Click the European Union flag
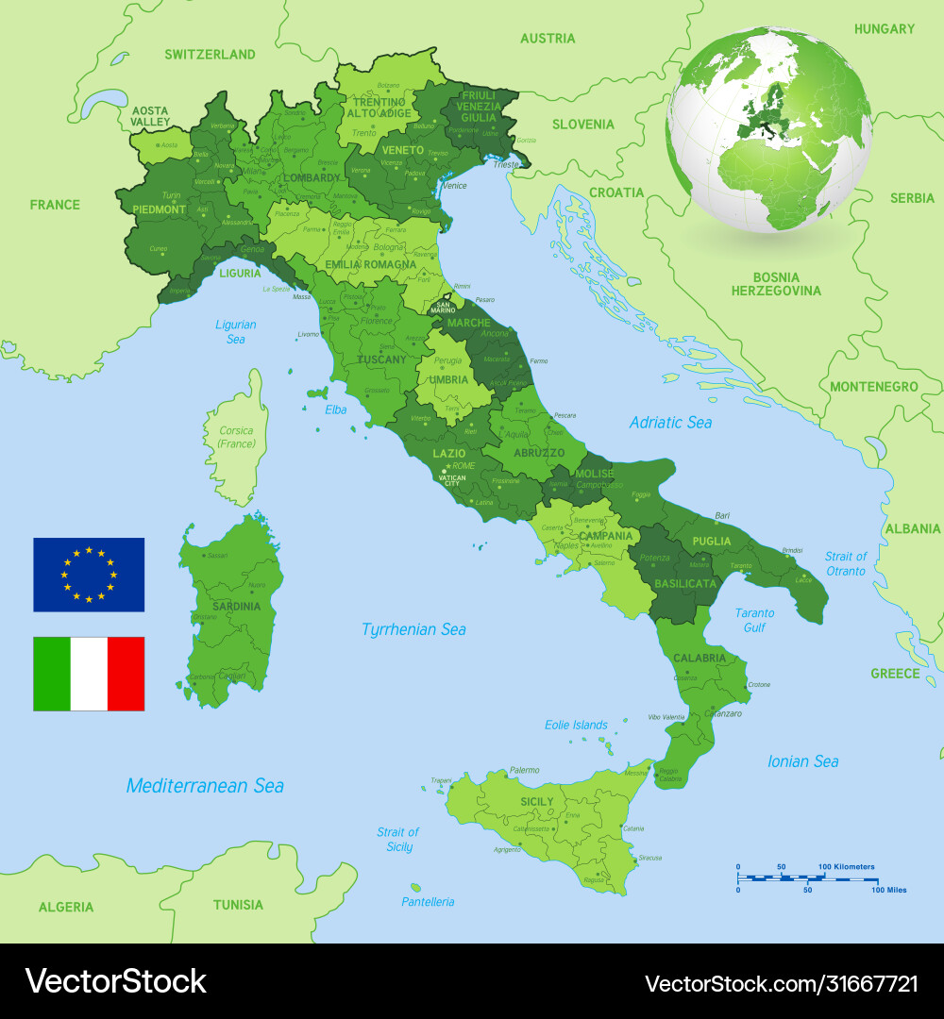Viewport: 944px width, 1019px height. pyautogui.click(x=89, y=575)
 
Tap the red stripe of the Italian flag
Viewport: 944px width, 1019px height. pyautogui.click(x=126, y=674)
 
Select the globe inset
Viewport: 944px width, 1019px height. pyautogui.click(x=769, y=129)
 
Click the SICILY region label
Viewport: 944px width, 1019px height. pyautogui.click(x=537, y=802)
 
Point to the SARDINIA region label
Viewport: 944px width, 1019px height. pyautogui.click(x=235, y=607)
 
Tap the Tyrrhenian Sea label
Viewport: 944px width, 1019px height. pyautogui.click(x=413, y=629)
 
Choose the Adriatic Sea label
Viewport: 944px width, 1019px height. pyautogui.click(x=670, y=423)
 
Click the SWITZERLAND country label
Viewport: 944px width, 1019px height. pyautogui.click(x=210, y=55)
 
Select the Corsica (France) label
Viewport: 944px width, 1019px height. pyautogui.click(x=236, y=437)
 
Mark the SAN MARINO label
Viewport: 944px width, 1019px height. pyautogui.click(x=443, y=308)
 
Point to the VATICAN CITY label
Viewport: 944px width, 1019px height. pyautogui.click(x=451, y=480)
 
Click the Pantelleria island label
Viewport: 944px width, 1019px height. pyautogui.click(x=428, y=902)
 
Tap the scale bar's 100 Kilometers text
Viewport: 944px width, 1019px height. pyautogui.click(x=846, y=866)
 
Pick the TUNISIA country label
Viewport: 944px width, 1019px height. pyautogui.click(x=238, y=905)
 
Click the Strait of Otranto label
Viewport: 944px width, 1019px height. pyautogui.click(x=845, y=563)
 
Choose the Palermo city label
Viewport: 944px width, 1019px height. pyautogui.click(x=524, y=771)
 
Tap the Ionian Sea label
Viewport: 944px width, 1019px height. pyautogui.click(x=802, y=761)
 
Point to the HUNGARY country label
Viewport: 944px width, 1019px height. pyautogui.click(x=884, y=29)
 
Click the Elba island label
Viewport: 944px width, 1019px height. pyautogui.click(x=336, y=409)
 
